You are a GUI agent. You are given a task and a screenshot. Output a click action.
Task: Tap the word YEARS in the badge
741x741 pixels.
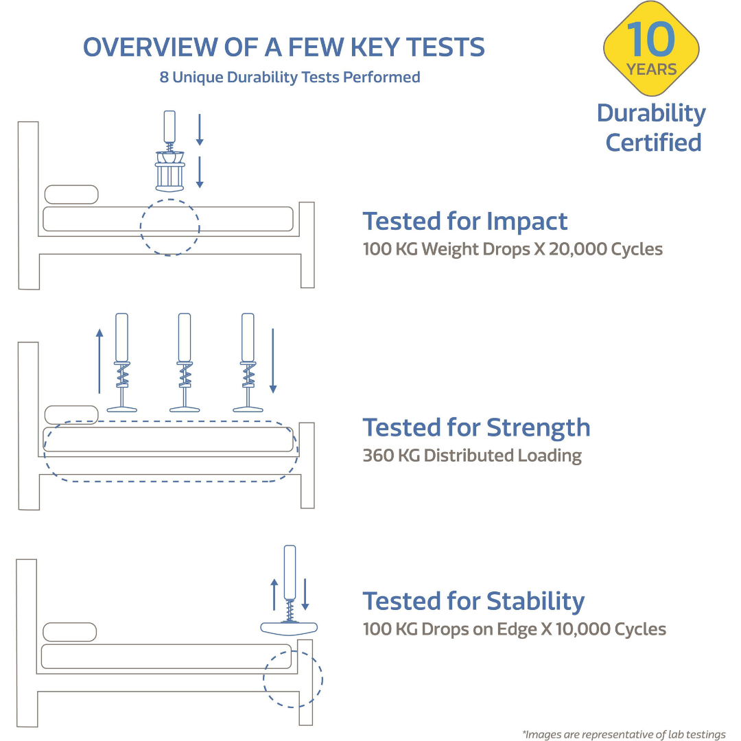(x=651, y=69)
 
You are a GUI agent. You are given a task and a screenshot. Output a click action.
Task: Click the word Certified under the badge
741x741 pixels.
(x=654, y=143)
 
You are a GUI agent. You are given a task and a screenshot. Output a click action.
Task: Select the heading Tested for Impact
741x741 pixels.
(x=465, y=221)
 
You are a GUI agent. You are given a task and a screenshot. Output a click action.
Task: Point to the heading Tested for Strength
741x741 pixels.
(x=476, y=428)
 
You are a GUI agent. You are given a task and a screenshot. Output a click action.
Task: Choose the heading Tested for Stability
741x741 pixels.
(x=473, y=602)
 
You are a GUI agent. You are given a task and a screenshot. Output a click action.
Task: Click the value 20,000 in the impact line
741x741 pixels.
(x=578, y=249)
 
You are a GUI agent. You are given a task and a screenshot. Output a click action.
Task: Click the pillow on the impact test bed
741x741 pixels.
(x=71, y=194)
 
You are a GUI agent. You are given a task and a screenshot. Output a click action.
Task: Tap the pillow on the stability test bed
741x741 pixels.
(x=70, y=632)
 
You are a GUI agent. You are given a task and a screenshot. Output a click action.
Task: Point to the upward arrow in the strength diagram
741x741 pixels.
(x=99, y=361)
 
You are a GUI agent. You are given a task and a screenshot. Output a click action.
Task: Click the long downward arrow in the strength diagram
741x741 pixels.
(x=272, y=361)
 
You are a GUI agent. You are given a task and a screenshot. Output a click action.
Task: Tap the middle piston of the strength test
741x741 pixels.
(x=185, y=362)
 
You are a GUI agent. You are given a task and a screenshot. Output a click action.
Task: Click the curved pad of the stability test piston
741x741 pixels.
(x=289, y=628)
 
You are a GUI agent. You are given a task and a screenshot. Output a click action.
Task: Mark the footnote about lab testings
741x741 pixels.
(x=624, y=734)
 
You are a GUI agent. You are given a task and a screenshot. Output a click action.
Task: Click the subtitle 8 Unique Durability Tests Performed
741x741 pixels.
(x=290, y=77)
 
